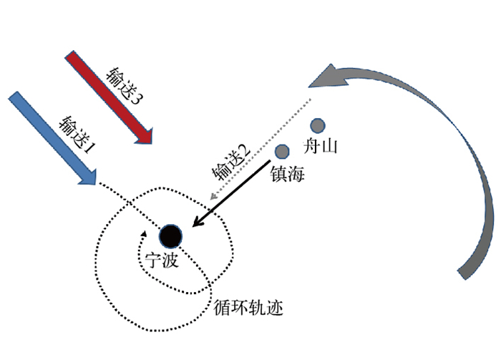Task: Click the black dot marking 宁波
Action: tap(171, 235)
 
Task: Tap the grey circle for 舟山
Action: tap(317, 125)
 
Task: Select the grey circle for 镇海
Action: tap(282, 151)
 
